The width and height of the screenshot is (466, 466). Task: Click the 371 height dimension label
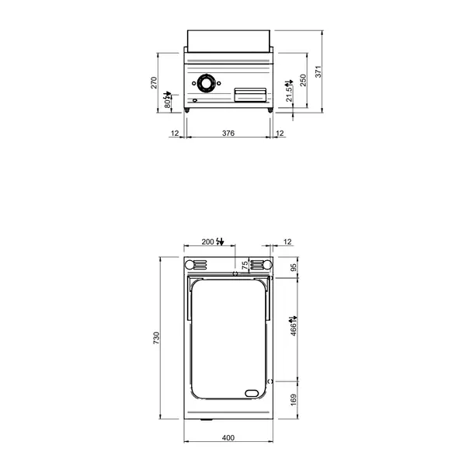point(318,72)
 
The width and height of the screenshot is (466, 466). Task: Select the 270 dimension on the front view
point(154,82)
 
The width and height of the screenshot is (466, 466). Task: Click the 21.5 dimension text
point(290,93)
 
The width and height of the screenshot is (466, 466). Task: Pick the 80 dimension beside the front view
point(166,100)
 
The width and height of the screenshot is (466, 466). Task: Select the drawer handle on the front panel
point(252,94)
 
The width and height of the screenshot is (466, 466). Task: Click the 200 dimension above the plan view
point(207,242)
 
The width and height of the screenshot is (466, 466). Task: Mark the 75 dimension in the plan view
point(245,266)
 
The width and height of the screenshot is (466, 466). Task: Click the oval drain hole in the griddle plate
point(252,391)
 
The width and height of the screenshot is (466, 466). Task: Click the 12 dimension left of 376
point(175,134)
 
